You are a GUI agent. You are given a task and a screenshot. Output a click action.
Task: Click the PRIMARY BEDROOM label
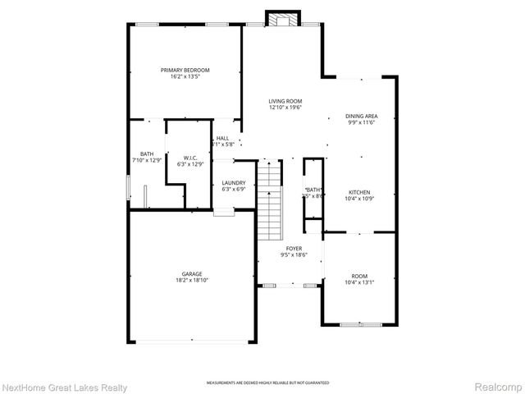pyautogui.click(x=185, y=71)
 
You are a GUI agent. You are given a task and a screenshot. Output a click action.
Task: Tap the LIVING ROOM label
pyautogui.click(x=285, y=101)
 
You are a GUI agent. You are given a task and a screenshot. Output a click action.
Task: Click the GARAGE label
pyautogui.click(x=192, y=274)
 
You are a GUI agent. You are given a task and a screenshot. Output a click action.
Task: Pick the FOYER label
pyautogui.click(x=294, y=248)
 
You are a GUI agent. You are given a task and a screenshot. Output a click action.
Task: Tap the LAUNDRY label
pyautogui.click(x=234, y=182)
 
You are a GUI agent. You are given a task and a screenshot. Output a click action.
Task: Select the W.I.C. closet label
pyautogui.click(x=189, y=158)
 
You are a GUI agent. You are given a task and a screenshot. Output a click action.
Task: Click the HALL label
pyautogui.click(x=222, y=138)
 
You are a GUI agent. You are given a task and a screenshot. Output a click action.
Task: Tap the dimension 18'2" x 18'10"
pyautogui.click(x=192, y=281)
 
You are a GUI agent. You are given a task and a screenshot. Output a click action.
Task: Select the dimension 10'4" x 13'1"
pyautogui.click(x=359, y=282)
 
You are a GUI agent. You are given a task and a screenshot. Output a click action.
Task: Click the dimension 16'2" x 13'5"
pyautogui.click(x=185, y=77)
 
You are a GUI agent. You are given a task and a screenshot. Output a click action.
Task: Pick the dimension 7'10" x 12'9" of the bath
pyautogui.click(x=146, y=160)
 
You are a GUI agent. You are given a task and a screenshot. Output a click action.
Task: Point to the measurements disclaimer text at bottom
pyautogui.click(x=262, y=383)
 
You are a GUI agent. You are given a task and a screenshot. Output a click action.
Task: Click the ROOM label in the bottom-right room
pyautogui.click(x=359, y=276)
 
